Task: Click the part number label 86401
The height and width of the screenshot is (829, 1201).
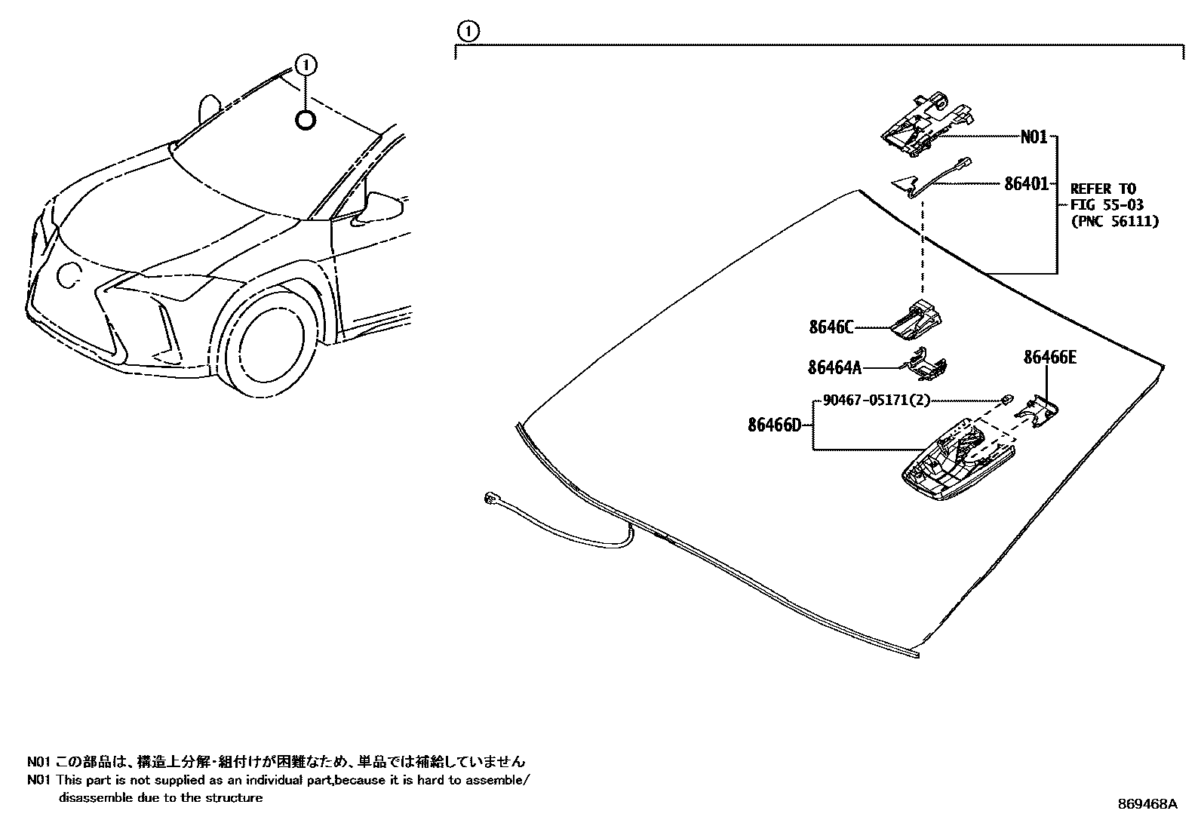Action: point(1026,183)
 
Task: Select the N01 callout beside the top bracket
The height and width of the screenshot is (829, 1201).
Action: point(1034,137)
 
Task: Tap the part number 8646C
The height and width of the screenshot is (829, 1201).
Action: point(831,327)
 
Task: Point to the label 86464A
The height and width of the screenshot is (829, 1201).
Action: point(834,367)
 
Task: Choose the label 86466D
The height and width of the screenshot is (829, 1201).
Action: point(774,425)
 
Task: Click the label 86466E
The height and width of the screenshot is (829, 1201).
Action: point(1049,358)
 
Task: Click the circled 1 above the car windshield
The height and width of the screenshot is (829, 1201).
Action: point(306,65)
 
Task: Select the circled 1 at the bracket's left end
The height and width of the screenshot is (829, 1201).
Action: point(468,31)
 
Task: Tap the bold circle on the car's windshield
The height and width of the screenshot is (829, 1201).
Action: point(306,119)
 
